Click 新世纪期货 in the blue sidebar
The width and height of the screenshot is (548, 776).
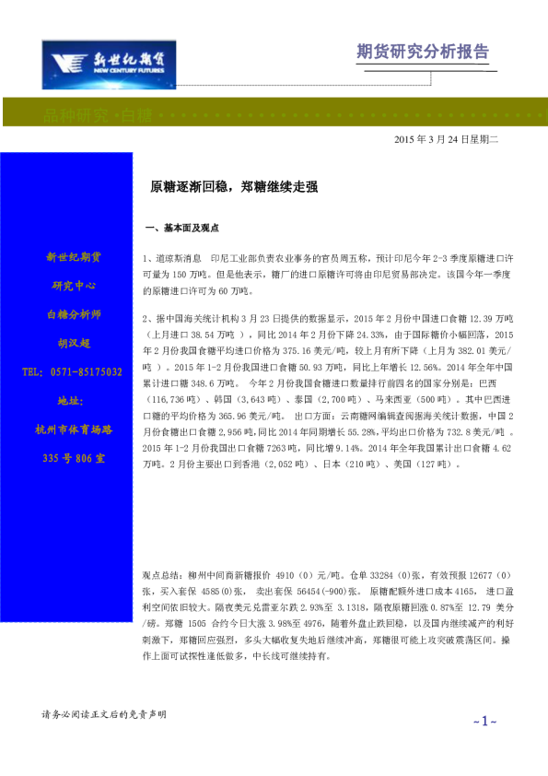pyautogui.click(x=73, y=256)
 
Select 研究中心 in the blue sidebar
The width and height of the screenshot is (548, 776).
pyautogui.click(x=73, y=285)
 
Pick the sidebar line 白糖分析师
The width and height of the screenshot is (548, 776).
pyautogui.click(x=73, y=314)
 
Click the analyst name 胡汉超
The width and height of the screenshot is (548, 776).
pyautogui.click(x=73, y=343)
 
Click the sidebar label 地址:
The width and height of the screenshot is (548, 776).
pyautogui.click(x=71, y=401)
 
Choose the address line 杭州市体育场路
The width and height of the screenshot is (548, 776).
pyautogui.click(x=73, y=429)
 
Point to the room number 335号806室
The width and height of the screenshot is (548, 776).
pyautogui.click(x=73, y=458)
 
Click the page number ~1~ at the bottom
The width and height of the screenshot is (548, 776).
pyautogui.click(x=484, y=720)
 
